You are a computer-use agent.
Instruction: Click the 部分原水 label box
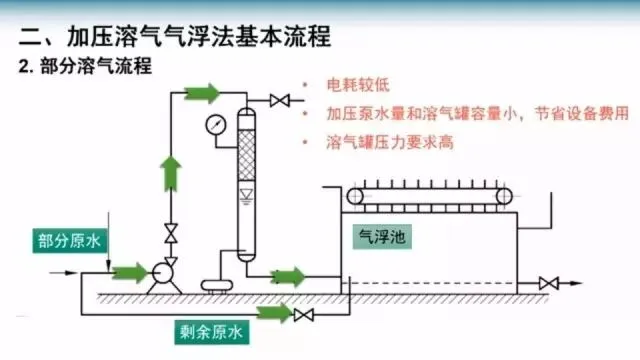coord(69,241)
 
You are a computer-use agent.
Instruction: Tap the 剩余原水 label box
coord(212,332)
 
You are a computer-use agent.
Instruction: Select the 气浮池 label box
coord(382,237)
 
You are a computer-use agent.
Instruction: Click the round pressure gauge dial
coord(216,125)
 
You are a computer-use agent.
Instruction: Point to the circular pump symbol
coord(162,273)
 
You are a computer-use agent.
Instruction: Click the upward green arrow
coord(171,174)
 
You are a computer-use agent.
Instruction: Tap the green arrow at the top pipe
coord(202,93)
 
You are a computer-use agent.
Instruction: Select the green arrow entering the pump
coord(130,273)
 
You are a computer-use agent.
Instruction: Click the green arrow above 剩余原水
coord(274,313)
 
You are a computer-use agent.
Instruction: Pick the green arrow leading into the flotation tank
coord(287,277)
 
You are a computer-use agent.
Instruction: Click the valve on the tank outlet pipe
coord(549,283)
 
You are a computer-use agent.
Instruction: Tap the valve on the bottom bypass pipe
coord(304,315)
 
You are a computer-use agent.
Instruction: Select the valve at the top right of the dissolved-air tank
coord(280,100)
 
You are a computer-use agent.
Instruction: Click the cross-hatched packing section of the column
coord(247,155)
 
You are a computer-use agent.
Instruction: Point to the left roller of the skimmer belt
coord(355,197)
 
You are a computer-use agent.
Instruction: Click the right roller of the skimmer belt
coord(504,197)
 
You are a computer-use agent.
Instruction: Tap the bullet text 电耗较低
coord(358,85)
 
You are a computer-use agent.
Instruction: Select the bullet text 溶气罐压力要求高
coord(390,142)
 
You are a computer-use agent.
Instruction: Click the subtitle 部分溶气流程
coord(96,66)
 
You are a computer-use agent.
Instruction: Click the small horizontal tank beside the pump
coord(217,285)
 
